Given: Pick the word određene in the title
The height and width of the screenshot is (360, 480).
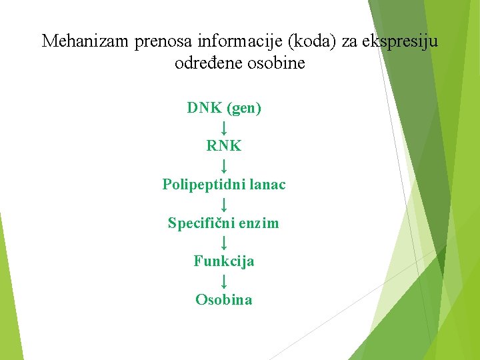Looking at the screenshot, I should tap(205, 64).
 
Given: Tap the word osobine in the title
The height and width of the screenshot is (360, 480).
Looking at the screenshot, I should tap(277, 64).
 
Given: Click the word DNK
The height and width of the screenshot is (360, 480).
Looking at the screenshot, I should tap(205, 108).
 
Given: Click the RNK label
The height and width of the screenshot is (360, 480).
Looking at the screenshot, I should tap(224, 145).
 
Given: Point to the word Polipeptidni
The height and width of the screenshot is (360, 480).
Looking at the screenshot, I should tap(201, 185).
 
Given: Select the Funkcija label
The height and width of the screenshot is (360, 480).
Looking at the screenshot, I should tap(224, 261).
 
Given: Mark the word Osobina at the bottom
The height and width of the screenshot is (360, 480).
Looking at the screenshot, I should tap(224, 300).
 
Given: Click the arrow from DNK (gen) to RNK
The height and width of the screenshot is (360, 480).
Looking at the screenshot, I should tap(225, 127).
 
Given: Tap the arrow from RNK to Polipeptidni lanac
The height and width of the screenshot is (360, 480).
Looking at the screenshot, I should tap(225, 165).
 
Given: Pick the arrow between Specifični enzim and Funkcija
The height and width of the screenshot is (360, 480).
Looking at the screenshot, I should tap(225, 242).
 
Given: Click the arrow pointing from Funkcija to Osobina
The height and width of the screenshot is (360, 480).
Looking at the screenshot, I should tap(225, 281).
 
